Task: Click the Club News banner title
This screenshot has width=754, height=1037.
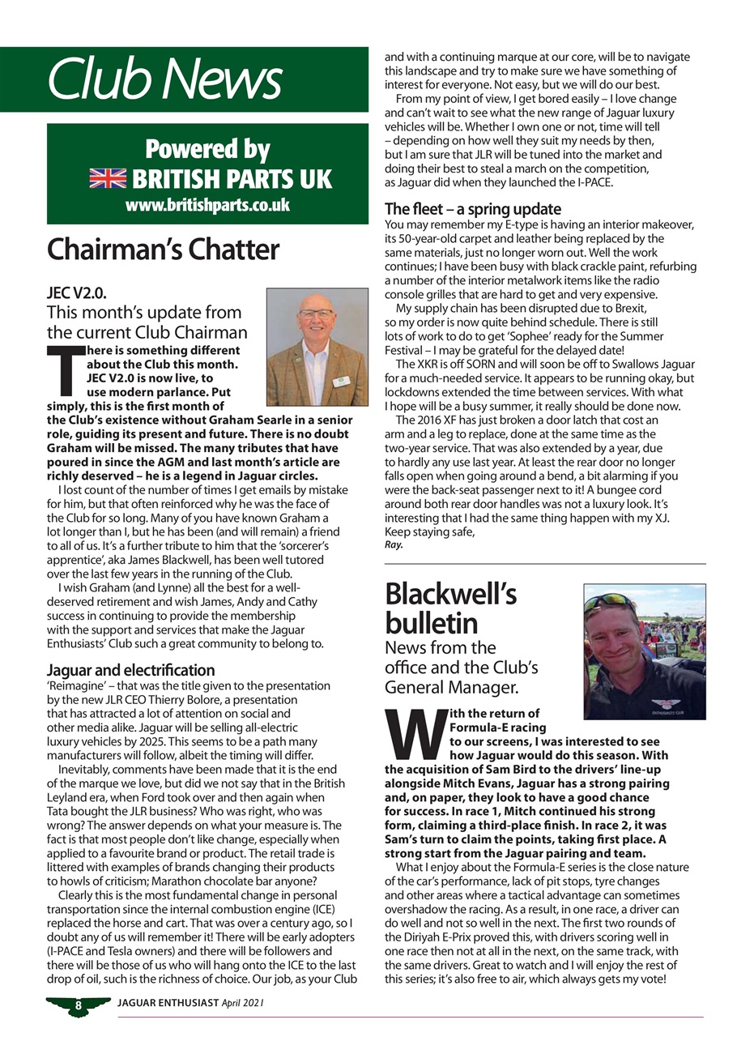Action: point(164,79)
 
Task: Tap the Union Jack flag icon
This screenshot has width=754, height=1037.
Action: point(108,178)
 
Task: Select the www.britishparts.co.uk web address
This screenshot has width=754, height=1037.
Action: point(207,205)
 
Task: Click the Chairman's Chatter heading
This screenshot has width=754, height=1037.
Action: point(163,250)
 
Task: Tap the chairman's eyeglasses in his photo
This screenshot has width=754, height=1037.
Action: point(315,313)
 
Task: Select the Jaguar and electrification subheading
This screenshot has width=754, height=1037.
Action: point(130,670)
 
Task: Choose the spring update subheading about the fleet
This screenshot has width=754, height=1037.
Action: point(472,209)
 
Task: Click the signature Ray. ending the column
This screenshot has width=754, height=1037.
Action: point(394,545)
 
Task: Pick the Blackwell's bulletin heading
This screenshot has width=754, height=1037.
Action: point(450,608)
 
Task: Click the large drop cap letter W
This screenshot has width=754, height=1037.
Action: point(414,733)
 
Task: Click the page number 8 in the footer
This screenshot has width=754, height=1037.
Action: point(79,1005)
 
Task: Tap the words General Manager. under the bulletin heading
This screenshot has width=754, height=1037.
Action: point(452,688)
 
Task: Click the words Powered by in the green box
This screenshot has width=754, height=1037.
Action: point(207,150)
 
